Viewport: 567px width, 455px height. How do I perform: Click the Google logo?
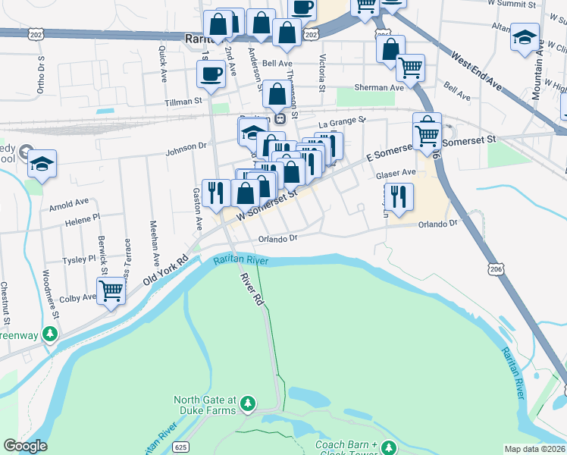click(25, 446)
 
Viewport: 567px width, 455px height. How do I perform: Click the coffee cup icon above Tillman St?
click(210, 74)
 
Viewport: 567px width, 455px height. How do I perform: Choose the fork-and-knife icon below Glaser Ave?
click(399, 196)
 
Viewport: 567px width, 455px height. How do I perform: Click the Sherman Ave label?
click(386, 87)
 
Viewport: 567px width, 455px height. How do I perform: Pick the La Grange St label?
click(342, 121)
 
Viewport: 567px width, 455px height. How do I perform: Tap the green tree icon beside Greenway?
click(49, 334)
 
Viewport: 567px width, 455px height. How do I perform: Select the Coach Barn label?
click(346, 444)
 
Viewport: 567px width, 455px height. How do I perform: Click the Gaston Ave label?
click(198, 209)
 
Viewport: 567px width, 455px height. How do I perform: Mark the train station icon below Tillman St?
click(280, 118)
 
